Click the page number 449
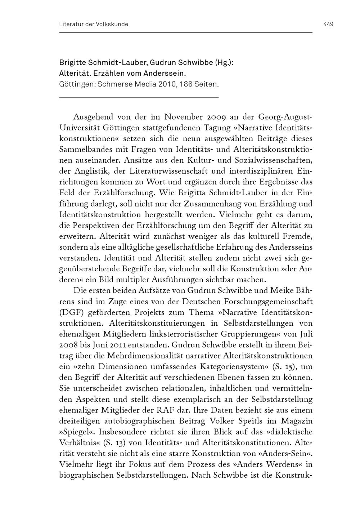tap(328, 25)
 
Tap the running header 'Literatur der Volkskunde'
tap(94, 25)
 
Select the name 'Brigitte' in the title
tap(72, 62)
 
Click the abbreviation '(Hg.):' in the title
tap(224, 62)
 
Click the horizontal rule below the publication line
tap(139, 98)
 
